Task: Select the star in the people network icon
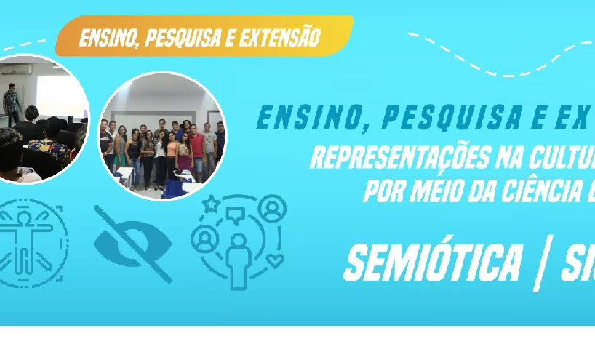coord(211,205)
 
